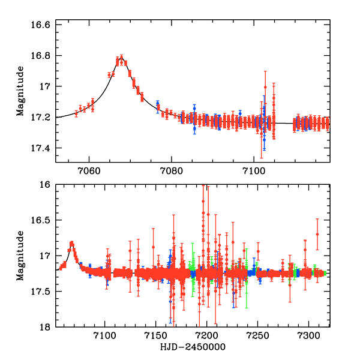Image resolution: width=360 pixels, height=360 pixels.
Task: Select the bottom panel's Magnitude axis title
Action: (20, 256)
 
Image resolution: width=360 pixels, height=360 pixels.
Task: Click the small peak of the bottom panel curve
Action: (71, 243)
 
